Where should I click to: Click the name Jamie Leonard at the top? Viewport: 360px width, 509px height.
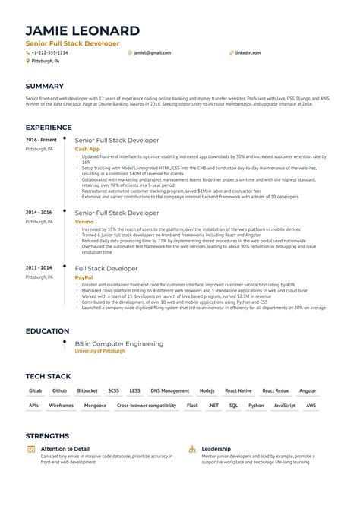(x=82, y=30)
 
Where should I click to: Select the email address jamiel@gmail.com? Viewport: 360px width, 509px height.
(x=152, y=53)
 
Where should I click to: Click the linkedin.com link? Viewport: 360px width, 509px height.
(x=248, y=53)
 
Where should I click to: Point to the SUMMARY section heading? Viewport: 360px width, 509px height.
(x=44, y=87)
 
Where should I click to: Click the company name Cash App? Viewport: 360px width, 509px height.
(x=87, y=149)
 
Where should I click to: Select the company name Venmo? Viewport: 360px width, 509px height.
(x=84, y=221)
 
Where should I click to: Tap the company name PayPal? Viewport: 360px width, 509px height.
(x=84, y=277)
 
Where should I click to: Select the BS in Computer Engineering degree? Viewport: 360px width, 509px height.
(x=118, y=343)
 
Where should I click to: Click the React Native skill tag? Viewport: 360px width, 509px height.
(x=238, y=391)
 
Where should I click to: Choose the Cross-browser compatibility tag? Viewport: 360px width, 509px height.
(x=147, y=406)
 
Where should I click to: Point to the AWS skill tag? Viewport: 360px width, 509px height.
(x=311, y=406)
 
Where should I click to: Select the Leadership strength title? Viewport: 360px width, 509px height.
(x=216, y=449)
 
